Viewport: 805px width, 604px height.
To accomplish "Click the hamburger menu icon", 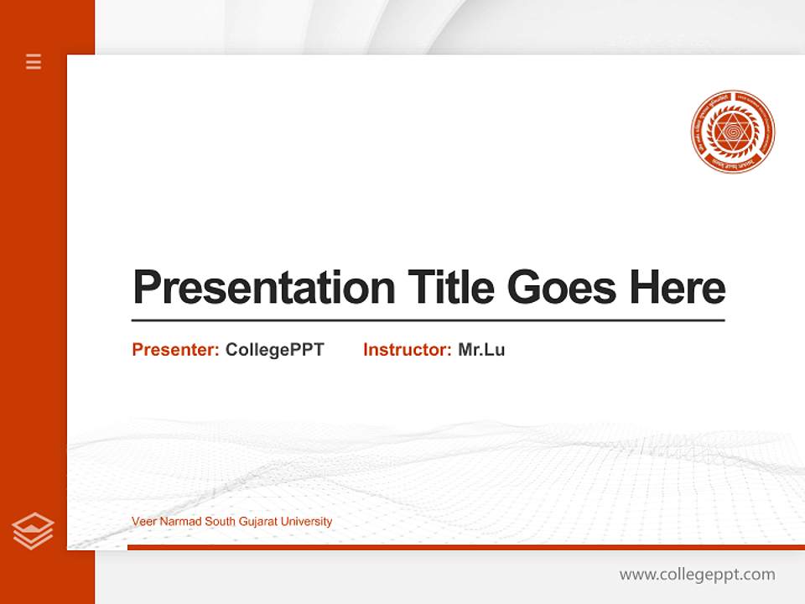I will (34, 61).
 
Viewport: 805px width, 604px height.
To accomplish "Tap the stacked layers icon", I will (33, 531).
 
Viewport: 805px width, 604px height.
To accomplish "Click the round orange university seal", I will (733, 132).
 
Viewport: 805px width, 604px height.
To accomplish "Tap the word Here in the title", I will (678, 287).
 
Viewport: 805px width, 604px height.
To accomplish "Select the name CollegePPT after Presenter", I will (274, 350).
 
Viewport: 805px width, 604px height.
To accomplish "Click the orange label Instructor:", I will (408, 350).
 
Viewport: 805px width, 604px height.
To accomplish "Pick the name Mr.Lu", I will (481, 350).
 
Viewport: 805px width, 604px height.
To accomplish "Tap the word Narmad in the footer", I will (177, 522).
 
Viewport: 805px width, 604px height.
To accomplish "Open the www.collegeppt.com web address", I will (697, 575).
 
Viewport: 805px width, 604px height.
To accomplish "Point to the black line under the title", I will (428, 320).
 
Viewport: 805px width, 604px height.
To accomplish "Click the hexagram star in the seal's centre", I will (733, 132).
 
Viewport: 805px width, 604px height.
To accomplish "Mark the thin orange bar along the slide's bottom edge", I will (465, 547).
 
